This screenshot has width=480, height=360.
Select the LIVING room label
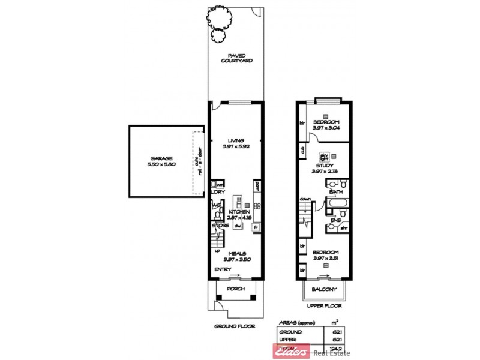click(x=236, y=140)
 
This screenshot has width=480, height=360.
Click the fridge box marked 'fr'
click(x=255, y=227)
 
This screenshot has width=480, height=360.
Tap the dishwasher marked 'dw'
click(x=237, y=226)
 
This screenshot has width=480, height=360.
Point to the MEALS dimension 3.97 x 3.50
click(x=236, y=259)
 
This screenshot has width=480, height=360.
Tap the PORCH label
click(x=236, y=289)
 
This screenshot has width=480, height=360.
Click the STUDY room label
click(x=325, y=165)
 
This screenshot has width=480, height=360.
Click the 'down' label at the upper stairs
click(x=305, y=200)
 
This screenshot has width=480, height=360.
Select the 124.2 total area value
click(x=339, y=348)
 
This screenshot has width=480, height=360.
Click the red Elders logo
click(x=292, y=351)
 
